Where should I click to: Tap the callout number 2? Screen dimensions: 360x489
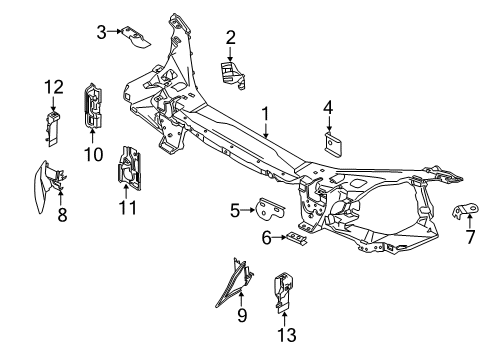pos(230,38)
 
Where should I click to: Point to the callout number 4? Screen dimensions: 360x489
pos(328,107)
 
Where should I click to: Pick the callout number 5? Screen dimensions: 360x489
pos(235,211)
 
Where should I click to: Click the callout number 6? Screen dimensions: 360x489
pos(267,237)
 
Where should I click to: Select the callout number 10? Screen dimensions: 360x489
pos(94,154)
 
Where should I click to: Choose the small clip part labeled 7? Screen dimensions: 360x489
pos(466,210)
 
